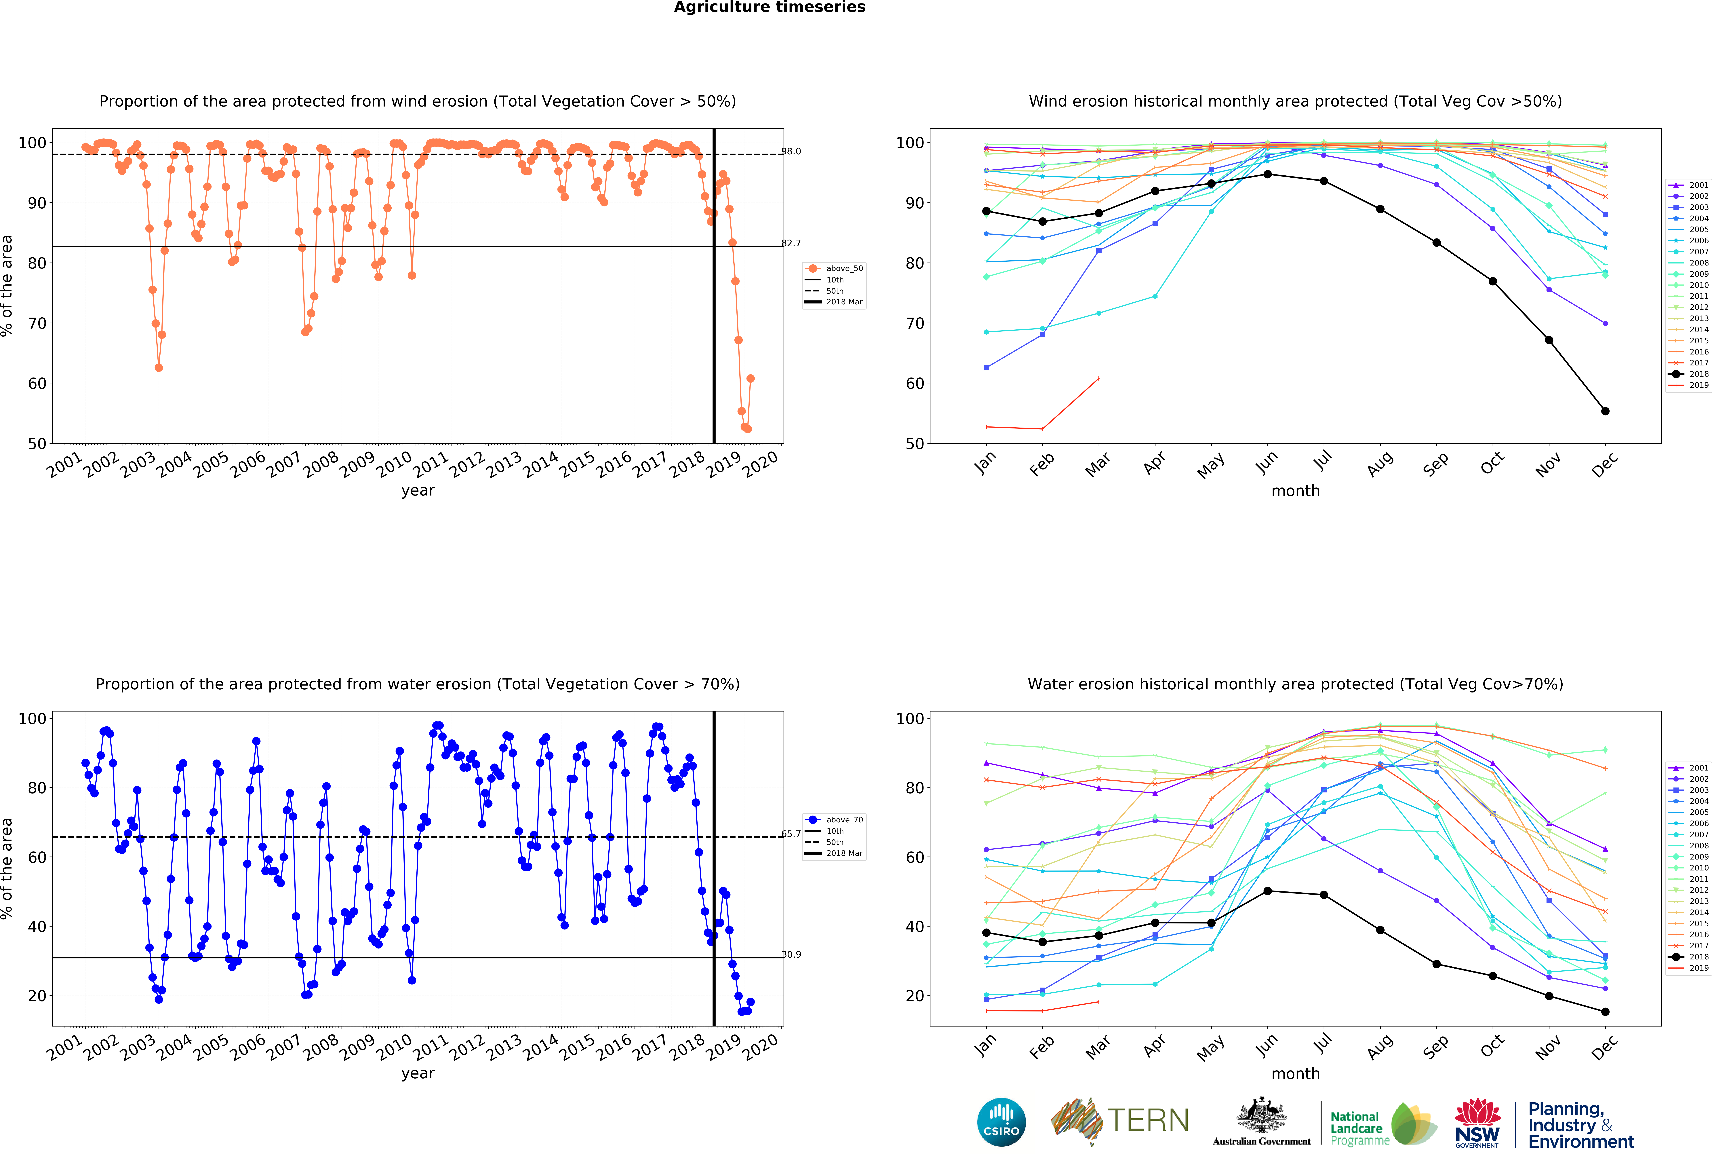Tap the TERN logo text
tap(1148, 1121)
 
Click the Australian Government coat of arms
tap(1262, 1116)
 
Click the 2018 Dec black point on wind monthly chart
tap(1605, 411)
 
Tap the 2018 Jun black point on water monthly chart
tap(1267, 891)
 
